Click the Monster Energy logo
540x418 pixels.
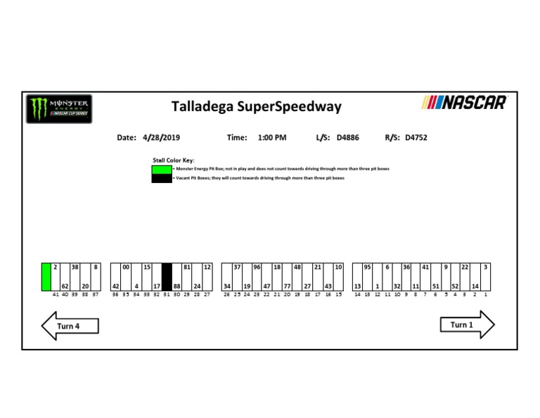(x=58, y=108)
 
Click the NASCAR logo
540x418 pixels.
(x=463, y=103)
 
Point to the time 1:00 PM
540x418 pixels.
(x=272, y=138)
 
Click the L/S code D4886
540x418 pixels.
(x=347, y=138)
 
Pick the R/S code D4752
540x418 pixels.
(x=416, y=138)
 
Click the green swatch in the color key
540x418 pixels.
(x=162, y=170)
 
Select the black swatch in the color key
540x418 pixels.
(x=162, y=178)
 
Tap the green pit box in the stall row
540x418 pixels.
(x=46, y=277)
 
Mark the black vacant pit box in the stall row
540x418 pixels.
(x=167, y=277)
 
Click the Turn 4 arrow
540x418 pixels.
(x=70, y=326)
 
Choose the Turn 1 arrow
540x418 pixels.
(x=467, y=325)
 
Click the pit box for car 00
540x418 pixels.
(x=126, y=277)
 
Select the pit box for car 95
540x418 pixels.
(x=367, y=277)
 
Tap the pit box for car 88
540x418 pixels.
(x=177, y=277)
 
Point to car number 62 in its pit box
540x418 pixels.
(x=64, y=286)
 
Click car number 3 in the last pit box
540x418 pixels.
(x=486, y=267)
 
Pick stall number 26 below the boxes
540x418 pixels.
(x=226, y=294)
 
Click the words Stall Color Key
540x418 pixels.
(x=173, y=160)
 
